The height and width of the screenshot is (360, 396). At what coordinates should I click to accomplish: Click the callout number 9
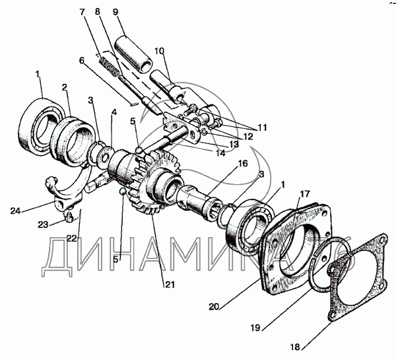click(115, 12)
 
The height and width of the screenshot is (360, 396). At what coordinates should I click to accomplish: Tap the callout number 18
click(295, 347)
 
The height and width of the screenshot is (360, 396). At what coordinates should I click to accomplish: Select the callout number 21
click(170, 285)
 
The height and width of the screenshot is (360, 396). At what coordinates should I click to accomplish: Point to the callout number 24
click(15, 211)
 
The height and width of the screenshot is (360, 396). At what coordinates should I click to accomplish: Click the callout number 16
click(242, 164)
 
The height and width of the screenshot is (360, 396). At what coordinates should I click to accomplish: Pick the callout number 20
click(214, 306)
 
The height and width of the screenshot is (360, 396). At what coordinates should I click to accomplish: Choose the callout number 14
click(220, 153)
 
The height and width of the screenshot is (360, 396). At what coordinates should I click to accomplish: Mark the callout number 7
click(81, 12)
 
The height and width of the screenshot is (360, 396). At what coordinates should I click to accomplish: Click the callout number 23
click(43, 225)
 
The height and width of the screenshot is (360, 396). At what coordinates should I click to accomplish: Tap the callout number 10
click(159, 51)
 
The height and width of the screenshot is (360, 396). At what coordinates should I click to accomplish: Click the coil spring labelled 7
click(110, 67)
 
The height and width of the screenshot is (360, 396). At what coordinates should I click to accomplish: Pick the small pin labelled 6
click(134, 104)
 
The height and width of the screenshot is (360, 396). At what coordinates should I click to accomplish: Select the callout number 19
click(255, 328)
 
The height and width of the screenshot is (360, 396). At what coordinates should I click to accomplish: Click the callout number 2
click(65, 87)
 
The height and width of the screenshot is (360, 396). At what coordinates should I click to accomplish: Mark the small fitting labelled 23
click(68, 217)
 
